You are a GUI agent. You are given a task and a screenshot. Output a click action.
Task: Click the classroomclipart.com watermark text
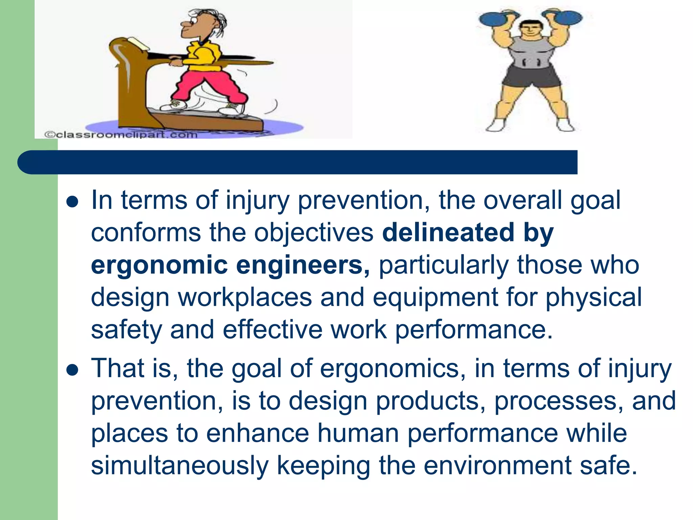(121, 135)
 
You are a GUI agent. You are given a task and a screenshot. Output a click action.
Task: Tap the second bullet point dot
(72, 370)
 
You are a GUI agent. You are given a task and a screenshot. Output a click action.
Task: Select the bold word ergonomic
(159, 266)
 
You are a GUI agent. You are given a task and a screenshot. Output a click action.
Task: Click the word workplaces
(245, 297)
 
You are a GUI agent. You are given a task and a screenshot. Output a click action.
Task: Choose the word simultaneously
(180, 465)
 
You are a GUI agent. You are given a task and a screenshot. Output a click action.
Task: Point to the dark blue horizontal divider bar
(298, 162)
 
